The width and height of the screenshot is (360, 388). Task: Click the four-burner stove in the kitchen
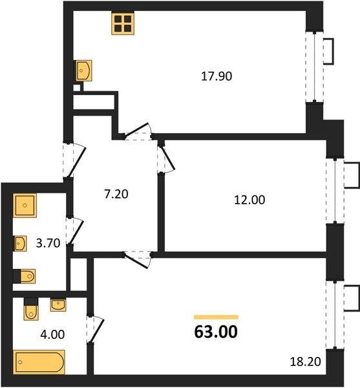click(123, 23)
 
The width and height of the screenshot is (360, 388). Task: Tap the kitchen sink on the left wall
click(84, 70)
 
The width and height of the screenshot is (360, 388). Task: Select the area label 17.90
click(217, 76)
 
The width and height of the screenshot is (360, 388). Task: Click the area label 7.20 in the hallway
click(116, 194)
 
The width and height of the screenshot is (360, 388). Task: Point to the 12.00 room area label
click(249, 200)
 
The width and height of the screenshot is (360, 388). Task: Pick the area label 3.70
click(48, 243)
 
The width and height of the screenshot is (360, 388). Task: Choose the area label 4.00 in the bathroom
click(52, 334)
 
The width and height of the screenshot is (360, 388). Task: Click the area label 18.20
click(305, 361)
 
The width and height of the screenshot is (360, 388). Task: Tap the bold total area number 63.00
click(216, 332)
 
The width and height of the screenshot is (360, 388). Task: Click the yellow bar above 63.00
click(216, 318)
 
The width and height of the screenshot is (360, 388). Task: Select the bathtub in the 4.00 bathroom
click(39, 362)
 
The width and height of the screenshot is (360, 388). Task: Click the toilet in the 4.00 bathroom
click(31, 309)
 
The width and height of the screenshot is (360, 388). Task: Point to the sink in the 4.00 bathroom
click(58, 305)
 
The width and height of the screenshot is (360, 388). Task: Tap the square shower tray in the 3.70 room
click(25, 206)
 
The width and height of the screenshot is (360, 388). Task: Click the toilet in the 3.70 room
click(25, 276)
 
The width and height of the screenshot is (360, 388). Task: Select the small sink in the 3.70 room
click(20, 244)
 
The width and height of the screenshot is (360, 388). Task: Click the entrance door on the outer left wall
click(74, 160)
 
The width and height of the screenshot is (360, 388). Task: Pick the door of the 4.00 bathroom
click(95, 329)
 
